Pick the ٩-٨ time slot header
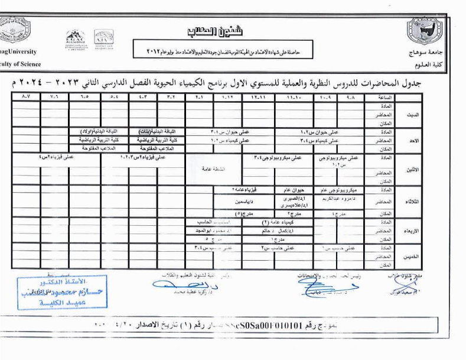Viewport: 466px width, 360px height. tap(352, 96)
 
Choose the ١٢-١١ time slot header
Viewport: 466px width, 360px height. tap(258, 96)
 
